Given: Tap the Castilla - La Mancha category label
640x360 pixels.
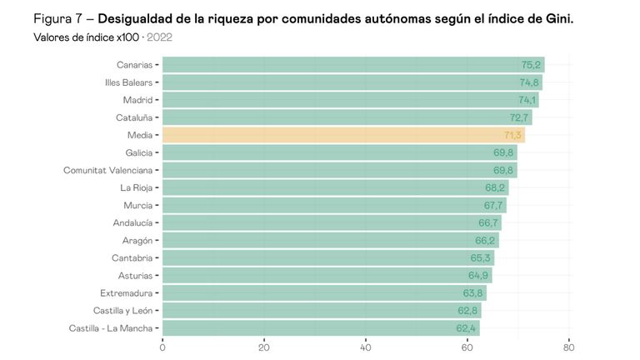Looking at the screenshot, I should click(111, 327).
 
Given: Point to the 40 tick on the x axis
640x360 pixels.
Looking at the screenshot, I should click(365, 347).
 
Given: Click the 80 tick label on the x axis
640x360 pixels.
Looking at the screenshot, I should click(568, 347).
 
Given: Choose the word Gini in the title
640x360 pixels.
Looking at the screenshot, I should click(557, 19).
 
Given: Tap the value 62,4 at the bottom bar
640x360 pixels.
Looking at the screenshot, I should click(466, 327).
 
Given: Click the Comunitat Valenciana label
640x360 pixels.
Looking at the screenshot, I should click(107, 170).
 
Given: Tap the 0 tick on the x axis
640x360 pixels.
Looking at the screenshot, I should click(162, 347).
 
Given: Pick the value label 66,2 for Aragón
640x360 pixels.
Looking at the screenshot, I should click(486, 240).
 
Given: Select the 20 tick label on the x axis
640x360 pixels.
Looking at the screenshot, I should click(263, 347).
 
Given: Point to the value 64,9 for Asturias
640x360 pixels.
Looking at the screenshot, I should click(478, 275).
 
